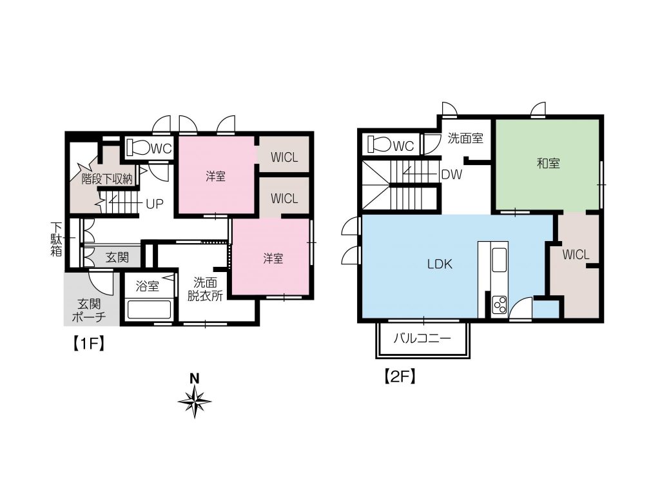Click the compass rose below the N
(x=195, y=402)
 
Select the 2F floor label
(x=400, y=376)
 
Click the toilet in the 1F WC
(x=138, y=148)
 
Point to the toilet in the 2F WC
(x=379, y=144)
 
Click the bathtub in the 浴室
(x=149, y=309)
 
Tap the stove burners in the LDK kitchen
(x=500, y=304)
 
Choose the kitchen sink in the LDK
(x=500, y=260)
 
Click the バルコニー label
(x=422, y=338)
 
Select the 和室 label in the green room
(x=548, y=163)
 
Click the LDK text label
(x=440, y=264)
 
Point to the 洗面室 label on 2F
(x=465, y=138)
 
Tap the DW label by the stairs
(x=452, y=174)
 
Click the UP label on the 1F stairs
(x=155, y=204)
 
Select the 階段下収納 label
(x=108, y=179)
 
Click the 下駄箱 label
(x=57, y=239)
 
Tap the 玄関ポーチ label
(x=89, y=310)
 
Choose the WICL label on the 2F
(x=576, y=255)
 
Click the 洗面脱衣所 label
(x=205, y=289)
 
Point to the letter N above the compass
(x=194, y=378)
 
